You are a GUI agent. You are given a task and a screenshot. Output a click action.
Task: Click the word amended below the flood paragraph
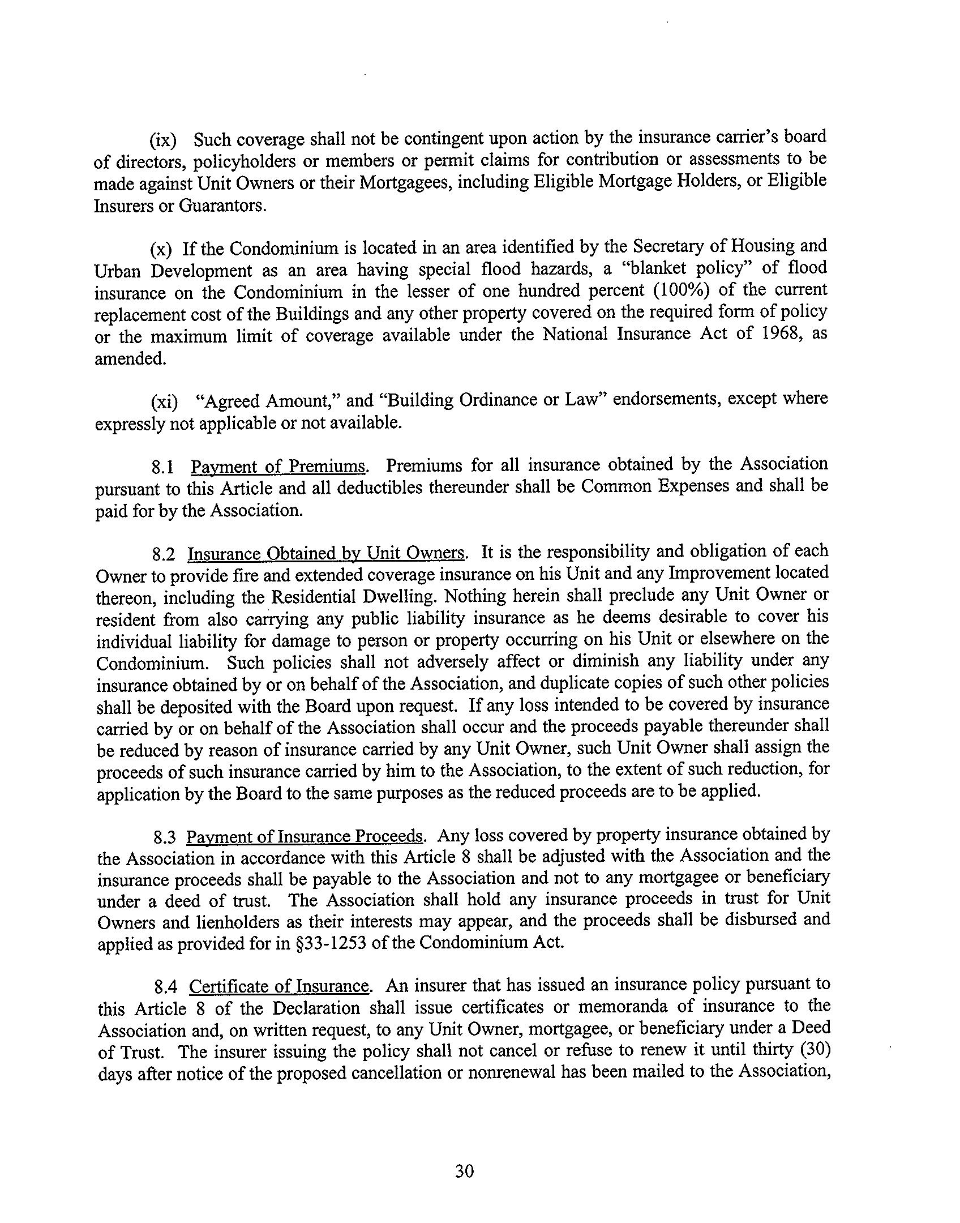(x=130, y=358)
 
